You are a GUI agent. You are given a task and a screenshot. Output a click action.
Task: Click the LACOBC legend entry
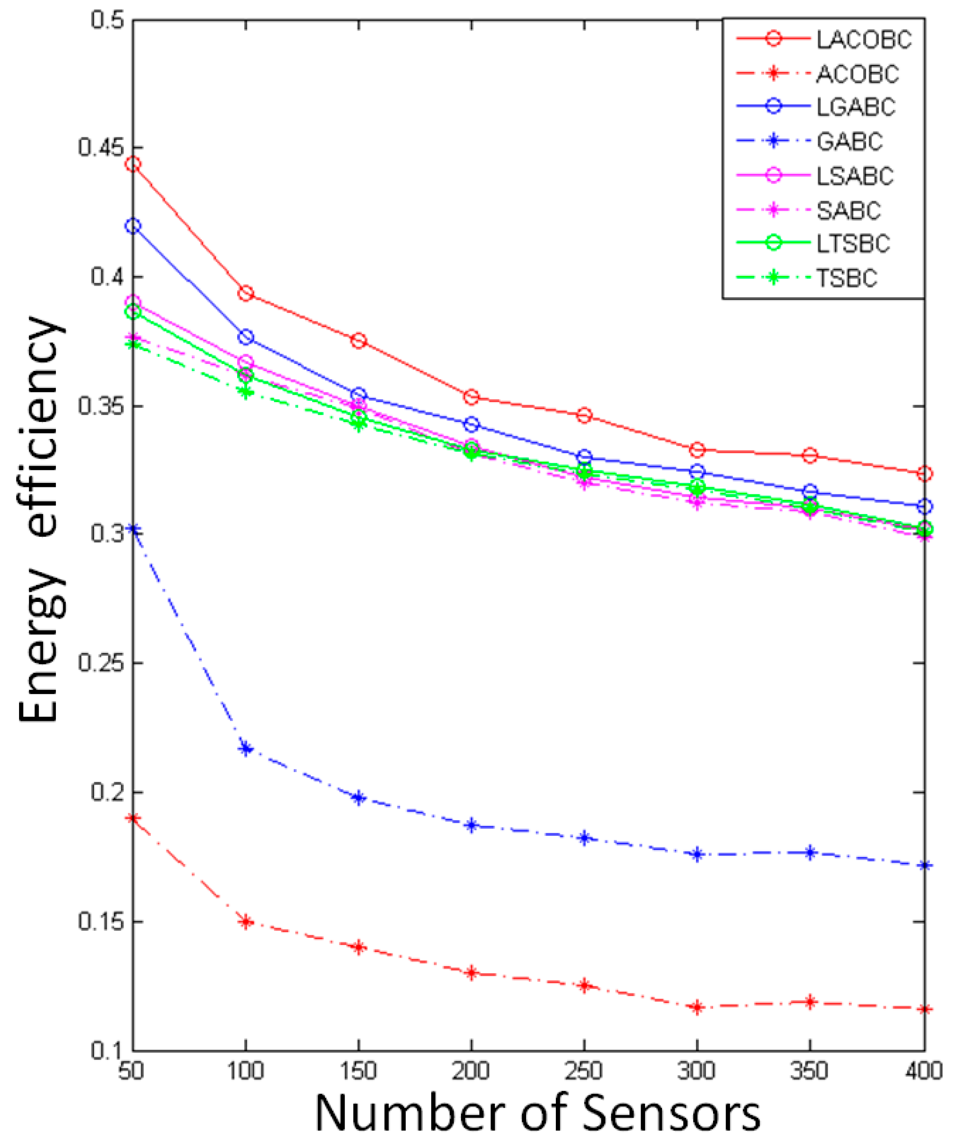[863, 40]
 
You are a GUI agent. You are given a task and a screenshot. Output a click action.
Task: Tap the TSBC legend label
[846, 278]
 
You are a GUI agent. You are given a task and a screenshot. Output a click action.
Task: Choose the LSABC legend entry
[855, 176]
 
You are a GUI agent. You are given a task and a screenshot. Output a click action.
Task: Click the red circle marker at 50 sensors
[133, 164]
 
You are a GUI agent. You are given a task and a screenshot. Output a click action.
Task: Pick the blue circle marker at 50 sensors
[133, 226]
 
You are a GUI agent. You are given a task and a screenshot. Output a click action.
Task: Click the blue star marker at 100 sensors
[246, 749]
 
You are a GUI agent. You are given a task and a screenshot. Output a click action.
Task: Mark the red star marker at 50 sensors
[133, 818]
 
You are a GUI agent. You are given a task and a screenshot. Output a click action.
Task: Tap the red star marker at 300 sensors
[697, 1007]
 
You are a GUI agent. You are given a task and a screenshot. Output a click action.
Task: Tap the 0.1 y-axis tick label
[107, 1050]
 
